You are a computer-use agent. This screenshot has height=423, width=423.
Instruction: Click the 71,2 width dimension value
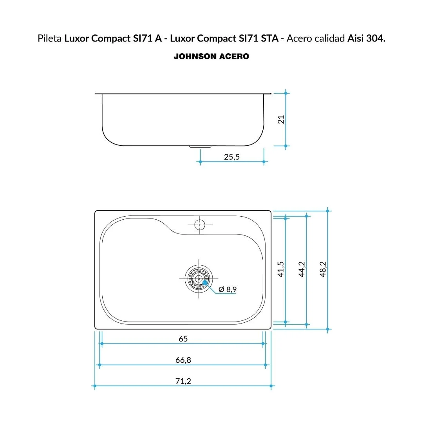pyautogui.click(x=183, y=381)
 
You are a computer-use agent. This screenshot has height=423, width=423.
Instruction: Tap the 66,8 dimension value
pyautogui.click(x=183, y=360)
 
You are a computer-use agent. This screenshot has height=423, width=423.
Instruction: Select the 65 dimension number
pyautogui.click(x=183, y=339)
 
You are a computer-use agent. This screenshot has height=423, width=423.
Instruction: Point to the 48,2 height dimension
pyautogui.click(x=323, y=269)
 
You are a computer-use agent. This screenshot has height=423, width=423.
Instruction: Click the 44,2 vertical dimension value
pyautogui.click(x=302, y=269)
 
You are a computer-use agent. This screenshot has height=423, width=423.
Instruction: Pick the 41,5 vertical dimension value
pyautogui.click(x=280, y=269)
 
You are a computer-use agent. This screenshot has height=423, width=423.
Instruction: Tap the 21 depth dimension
pyautogui.click(x=281, y=119)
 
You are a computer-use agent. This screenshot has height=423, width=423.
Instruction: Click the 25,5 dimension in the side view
pyautogui.click(x=231, y=157)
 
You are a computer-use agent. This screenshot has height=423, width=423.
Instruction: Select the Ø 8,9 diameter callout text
pyautogui.click(x=228, y=289)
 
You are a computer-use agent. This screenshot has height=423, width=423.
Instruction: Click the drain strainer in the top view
pyautogui.click(x=199, y=278)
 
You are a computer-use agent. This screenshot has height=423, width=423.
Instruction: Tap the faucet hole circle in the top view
pyautogui.click(x=200, y=225)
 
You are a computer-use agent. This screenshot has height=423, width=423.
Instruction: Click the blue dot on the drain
pyautogui.click(x=205, y=282)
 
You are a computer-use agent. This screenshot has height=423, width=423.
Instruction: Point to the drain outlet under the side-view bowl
pyautogui.click(x=200, y=147)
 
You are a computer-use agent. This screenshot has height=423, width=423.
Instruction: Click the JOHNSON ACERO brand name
pyautogui.click(x=211, y=56)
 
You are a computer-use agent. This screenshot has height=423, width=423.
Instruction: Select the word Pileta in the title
pyautogui.click(x=49, y=38)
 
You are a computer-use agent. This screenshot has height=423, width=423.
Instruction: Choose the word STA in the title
pyautogui.click(x=270, y=38)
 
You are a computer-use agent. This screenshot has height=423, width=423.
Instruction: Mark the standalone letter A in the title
pyautogui.click(x=158, y=38)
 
